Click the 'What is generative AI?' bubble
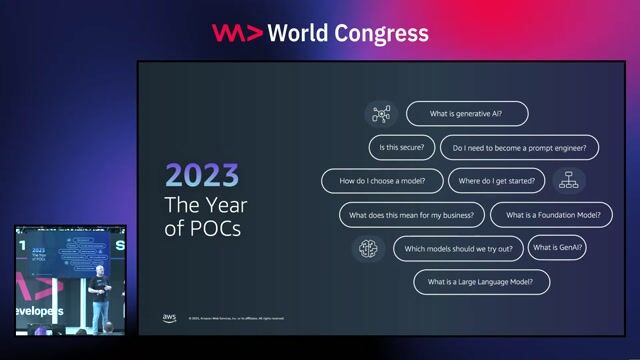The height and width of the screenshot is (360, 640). (x=466, y=114)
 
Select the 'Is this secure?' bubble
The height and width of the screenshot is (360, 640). (x=400, y=148)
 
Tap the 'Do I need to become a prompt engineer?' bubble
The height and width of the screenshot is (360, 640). (x=519, y=148)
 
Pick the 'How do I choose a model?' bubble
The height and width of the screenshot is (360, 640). (x=382, y=181)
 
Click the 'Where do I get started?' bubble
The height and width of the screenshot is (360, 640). (x=495, y=181)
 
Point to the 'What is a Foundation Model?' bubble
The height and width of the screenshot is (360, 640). (x=545, y=215)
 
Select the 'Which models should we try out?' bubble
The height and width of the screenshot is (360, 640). (x=458, y=248)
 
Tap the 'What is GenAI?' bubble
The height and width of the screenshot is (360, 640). (x=558, y=247)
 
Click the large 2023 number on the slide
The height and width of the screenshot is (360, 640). (x=202, y=176)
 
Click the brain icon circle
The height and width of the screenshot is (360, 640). (x=368, y=248)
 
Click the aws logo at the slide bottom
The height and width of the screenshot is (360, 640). (x=169, y=318)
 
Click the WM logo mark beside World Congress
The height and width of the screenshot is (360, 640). (x=237, y=33)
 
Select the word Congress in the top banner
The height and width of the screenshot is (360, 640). (x=383, y=33)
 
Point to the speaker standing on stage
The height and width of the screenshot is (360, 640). (x=98, y=297)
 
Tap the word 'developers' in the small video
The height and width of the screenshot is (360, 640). (x=39, y=311)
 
